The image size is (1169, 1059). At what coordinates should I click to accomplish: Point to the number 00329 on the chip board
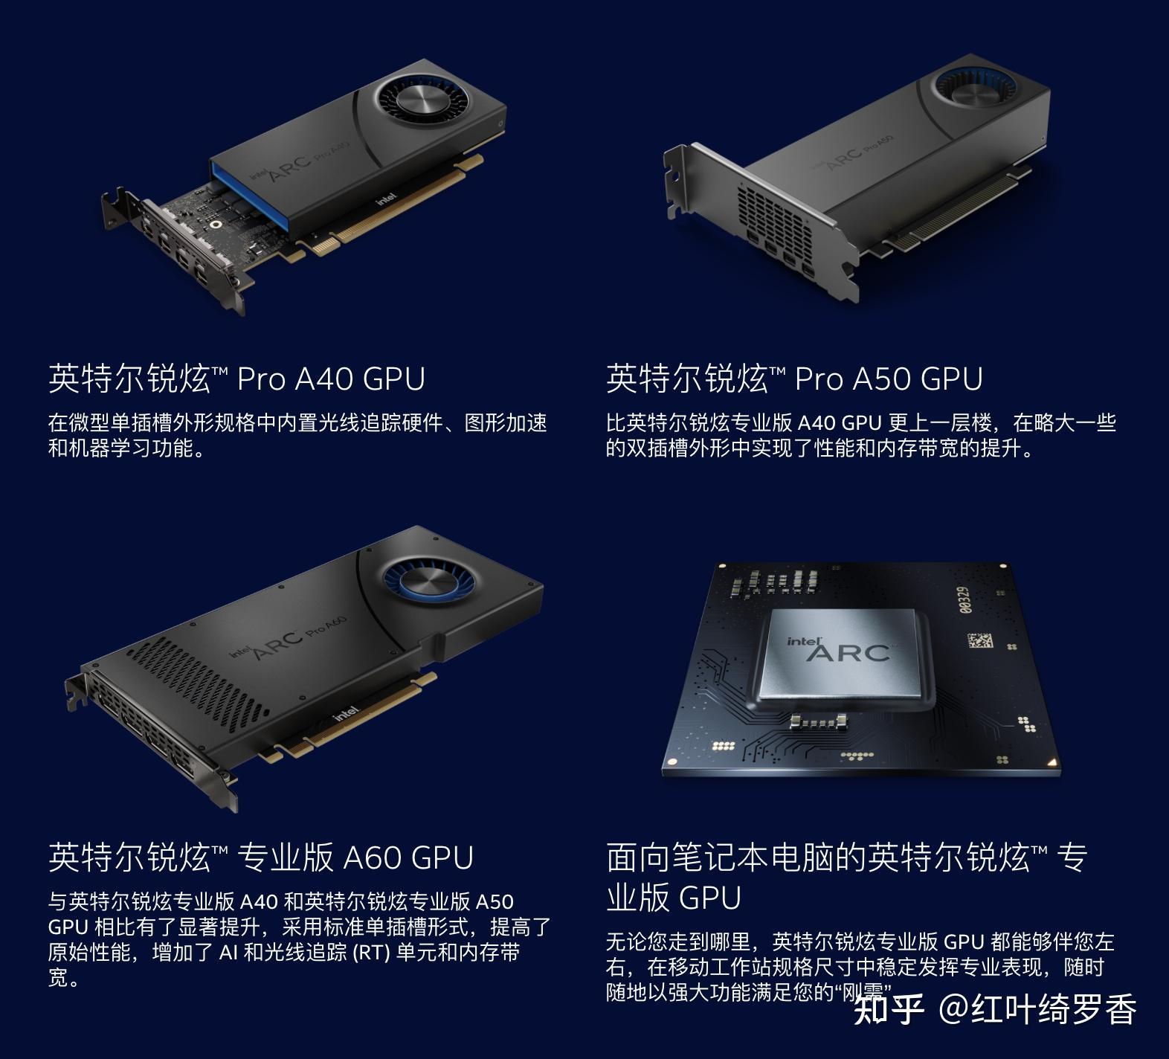tap(964, 599)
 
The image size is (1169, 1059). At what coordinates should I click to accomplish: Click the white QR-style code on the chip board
tap(981, 640)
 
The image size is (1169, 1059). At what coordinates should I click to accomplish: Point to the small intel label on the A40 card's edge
tap(386, 199)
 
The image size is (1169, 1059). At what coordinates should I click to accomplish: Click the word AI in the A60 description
tap(228, 953)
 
